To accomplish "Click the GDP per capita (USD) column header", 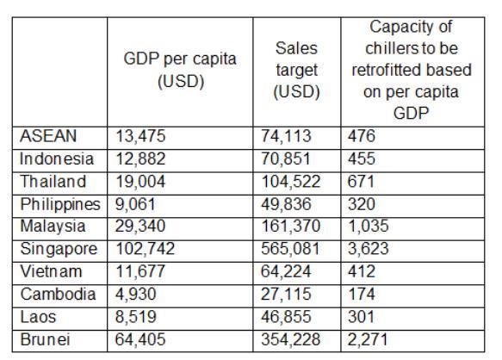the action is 180,70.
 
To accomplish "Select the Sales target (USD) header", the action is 297,70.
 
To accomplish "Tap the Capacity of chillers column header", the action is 412,70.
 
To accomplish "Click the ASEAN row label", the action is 48,136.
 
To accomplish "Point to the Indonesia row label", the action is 57,158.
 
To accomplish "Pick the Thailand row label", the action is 53,182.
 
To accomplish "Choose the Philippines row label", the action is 60,204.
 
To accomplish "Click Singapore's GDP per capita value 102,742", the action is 145,249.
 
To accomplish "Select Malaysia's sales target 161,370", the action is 291,227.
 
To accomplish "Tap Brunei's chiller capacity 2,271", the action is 368,339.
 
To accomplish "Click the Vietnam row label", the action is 51,271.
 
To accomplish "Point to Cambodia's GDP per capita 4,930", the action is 136,295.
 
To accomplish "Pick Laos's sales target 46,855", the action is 286,317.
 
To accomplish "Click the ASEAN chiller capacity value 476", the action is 362,136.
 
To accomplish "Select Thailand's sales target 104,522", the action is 291,182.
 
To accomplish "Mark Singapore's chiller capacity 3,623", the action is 369,249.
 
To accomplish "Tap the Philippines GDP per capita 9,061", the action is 135,204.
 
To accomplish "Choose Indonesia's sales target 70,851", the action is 286,158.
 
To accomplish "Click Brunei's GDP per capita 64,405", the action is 140,339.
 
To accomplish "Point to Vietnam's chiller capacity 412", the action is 362,271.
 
